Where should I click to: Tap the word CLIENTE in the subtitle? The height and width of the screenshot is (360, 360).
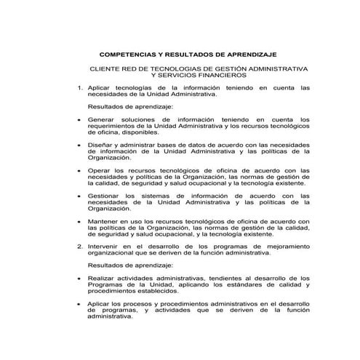pos(105,68)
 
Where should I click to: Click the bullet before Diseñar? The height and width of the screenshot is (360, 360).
pos(79,145)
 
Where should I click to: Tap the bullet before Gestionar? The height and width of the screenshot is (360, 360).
pos(79,195)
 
